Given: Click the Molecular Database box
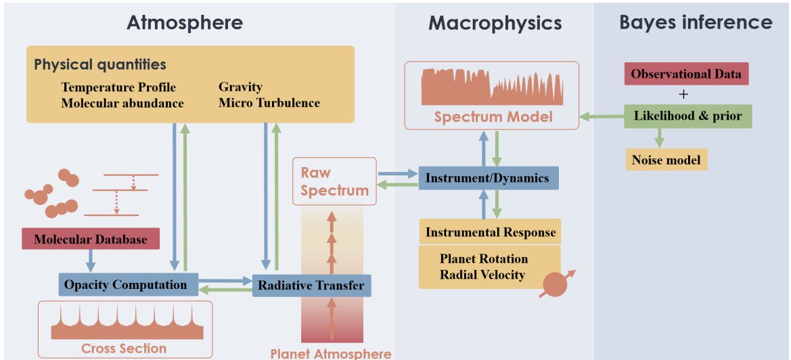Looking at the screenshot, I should (90, 239).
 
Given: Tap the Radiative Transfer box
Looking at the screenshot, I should (311, 286).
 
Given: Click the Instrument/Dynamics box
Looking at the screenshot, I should (488, 178).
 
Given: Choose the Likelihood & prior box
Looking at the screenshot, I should (687, 116).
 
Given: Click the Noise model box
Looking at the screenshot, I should (666, 160).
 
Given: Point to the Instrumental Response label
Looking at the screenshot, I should (491, 233).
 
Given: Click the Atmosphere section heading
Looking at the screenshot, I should (185, 22).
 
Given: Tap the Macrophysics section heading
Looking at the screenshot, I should (495, 22).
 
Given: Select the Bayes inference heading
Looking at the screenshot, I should (695, 22).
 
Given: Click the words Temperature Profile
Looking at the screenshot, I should (118, 87).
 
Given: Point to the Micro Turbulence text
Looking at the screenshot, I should (269, 103).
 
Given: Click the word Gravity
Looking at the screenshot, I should (240, 87).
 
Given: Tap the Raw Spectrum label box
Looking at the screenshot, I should (335, 181).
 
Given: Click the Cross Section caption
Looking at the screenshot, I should (124, 348).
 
